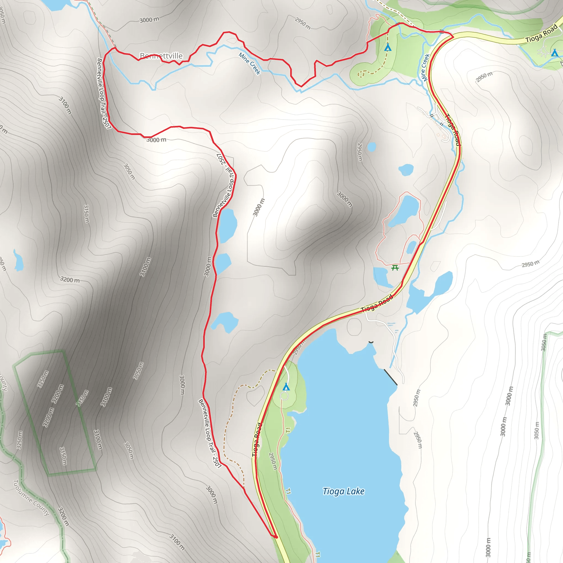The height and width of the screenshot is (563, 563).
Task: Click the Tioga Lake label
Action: (x=343, y=491)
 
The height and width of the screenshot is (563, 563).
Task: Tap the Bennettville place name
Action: (x=161, y=56)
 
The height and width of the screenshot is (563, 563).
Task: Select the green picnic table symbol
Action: (x=395, y=267)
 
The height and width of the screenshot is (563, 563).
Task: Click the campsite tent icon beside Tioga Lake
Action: (x=286, y=387)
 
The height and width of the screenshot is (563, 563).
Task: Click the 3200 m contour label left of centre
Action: (x=70, y=280)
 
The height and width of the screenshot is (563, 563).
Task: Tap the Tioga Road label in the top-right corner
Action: (x=542, y=34)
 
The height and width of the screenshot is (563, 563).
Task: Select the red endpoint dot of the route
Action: (x=276, y=537)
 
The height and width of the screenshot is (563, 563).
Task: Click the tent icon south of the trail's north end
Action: (x=388, y=47)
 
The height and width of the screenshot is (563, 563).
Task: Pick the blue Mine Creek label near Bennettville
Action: (x=249, y=64)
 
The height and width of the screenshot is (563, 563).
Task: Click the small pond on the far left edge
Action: (x=18, y=260)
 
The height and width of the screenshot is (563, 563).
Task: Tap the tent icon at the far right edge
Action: (x=554, y=53)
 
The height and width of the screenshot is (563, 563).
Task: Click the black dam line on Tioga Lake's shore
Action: (x=390, y=377)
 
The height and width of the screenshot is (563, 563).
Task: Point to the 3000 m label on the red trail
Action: (x=156, y=140)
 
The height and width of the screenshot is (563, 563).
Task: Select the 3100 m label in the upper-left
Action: (x=65, y=106)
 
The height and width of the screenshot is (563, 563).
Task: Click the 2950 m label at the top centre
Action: (x=302, y=23)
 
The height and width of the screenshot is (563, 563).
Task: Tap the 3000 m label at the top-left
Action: (x=149, y=20)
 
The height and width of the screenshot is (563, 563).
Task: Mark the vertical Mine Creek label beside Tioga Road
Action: (x=425, y=67)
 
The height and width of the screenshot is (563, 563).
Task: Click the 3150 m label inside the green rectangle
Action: (x=63, y=456)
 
